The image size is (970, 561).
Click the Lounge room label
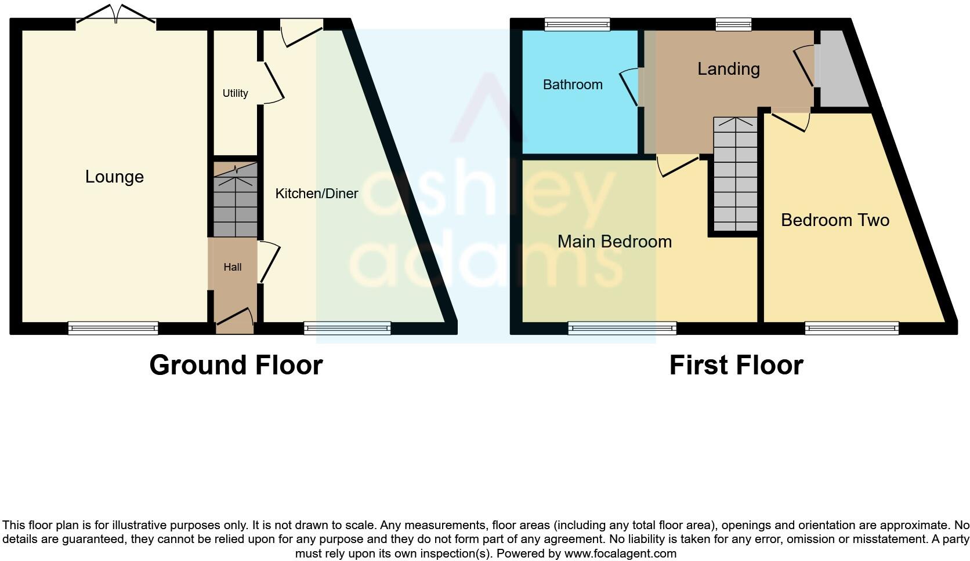(114, 177)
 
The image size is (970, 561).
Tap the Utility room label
(235, 93)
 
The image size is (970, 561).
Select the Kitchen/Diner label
(316, 194)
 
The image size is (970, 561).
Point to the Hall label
(233, 267)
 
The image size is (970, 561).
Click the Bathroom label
(573, 85)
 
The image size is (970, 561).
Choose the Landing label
(728, 69)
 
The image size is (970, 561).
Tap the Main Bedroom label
(614, 242)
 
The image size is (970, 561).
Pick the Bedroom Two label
(835, 220)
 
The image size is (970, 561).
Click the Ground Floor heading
(236, 365)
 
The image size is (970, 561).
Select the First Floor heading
(736, 365)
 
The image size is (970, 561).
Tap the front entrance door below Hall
(234, 322)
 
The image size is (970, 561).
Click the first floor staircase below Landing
(735, 174)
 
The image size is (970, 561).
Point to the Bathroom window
(577, 24)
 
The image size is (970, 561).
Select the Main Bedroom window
(622, 329)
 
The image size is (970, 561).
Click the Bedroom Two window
(852, 329)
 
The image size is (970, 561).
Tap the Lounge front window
(113, 329)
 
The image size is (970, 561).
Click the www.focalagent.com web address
(620, 553)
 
